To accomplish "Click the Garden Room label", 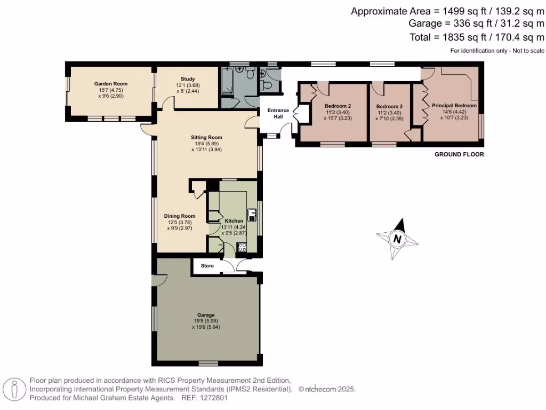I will click(111, 84).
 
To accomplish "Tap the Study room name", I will click(188, 79).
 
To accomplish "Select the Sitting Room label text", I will click(206, 138).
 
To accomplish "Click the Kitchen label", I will click(234, 220).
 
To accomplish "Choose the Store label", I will click(207, 266).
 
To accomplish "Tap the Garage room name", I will click(205, 316).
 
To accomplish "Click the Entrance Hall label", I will click(278, 113).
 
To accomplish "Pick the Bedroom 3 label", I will click(389, 106).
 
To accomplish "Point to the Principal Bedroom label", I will click(454, 106).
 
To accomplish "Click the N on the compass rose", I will click(397, 239).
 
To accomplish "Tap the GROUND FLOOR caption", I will click(459, 155).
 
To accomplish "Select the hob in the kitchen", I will click(241, 247).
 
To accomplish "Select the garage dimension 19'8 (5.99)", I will click(205, 321).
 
